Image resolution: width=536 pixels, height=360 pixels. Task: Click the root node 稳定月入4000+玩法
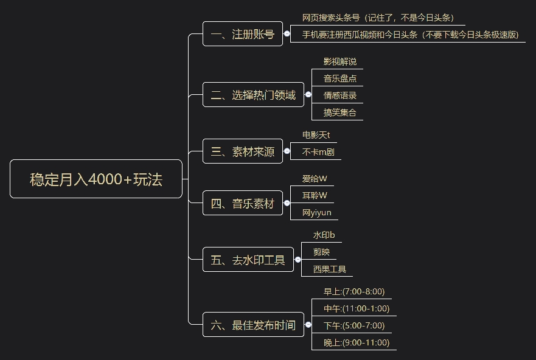click(x=96, y=179)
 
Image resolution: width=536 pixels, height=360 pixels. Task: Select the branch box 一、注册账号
click(x=242, y=34)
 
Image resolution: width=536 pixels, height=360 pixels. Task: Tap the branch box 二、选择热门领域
click(x=253, y=95)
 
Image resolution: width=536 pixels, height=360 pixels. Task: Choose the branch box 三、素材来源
click(x=242, y=151)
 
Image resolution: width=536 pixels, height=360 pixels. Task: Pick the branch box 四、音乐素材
click(x=242, y=204)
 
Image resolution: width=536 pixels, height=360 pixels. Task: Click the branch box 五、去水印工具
click(x=248, y=260)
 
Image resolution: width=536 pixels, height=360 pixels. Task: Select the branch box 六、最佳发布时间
click(x=253, y=325)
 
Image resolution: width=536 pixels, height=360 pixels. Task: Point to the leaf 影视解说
click(x=339, y=61)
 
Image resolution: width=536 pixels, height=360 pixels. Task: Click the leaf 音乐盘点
click(x=339, y=78)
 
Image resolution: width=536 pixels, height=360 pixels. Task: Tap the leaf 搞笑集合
click(x=339, y=112)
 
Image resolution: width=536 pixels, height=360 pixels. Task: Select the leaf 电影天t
click(x=316, y=134)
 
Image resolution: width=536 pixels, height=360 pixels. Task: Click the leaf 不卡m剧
click(x=318, y=152)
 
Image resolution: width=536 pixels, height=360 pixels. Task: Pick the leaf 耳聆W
click(x=315, y=195)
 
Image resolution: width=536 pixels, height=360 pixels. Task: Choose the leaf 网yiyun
click(x=317, y=213)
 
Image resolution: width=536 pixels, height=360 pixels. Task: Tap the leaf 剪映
click(x=321, y=252)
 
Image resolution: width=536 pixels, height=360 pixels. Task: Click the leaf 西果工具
click(x=329, y=269)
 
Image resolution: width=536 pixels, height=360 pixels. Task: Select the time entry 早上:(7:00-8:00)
click(x=354, y=291)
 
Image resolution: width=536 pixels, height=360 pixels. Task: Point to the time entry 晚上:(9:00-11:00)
click(x=356, y=342)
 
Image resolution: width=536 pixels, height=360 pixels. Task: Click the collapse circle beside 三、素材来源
click(x=287, y=151)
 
